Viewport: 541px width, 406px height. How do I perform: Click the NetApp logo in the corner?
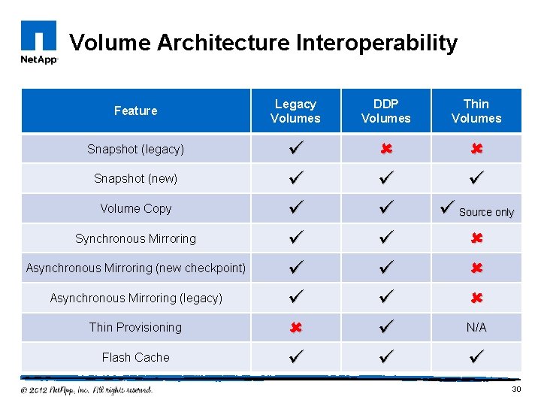38,43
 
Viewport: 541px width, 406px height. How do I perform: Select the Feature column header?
135,111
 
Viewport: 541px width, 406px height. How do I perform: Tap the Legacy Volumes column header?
295,111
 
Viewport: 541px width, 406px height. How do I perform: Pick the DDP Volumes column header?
385,111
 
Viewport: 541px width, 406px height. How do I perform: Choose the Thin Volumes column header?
476,111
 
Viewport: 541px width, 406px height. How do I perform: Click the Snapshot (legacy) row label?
135,149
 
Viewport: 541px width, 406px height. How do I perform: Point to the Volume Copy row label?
135,208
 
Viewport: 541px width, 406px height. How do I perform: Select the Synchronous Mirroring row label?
135,238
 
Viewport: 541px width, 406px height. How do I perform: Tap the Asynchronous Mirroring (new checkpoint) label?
135,268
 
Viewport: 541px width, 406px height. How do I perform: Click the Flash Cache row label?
135,357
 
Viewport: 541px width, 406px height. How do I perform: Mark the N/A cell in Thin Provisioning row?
476,328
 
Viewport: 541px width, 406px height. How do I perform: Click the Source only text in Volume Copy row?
486,212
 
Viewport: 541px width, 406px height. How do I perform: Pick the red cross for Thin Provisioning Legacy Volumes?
295,328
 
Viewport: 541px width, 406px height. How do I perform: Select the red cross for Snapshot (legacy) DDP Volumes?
385,149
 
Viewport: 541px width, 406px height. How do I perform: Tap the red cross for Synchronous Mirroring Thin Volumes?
476,238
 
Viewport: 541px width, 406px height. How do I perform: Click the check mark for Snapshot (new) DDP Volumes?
385,179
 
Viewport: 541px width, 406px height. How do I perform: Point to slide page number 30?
515,389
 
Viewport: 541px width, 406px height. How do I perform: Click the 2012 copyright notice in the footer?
86,389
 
